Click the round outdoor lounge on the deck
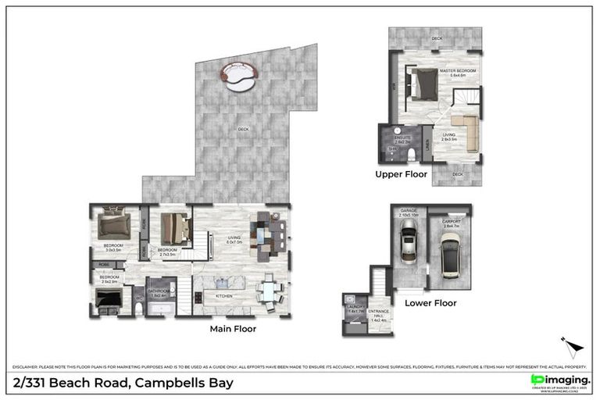click(241, 75)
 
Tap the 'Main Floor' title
click(233, 329)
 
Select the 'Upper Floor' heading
click(401, 174)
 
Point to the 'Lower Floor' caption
click(430, 302)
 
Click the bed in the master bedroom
click(424, 82)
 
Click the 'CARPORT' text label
click(450, 222)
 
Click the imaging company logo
click(559, 380)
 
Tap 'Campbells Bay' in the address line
click(184, 383)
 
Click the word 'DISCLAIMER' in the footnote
click(26, 366)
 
